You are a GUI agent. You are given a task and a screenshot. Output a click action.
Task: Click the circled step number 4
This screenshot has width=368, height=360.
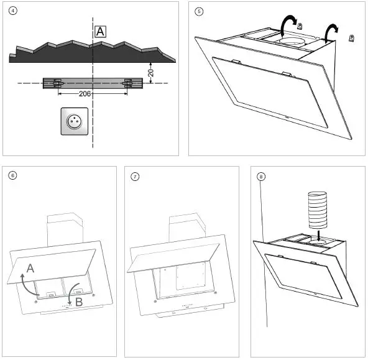[x=12, y=11]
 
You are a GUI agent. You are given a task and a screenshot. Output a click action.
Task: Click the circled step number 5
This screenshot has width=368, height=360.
[x=199, y=11]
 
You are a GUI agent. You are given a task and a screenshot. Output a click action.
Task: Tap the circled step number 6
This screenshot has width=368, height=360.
[x=12, y=175]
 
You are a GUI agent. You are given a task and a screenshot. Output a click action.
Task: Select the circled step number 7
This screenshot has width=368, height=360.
[x=135, y=177]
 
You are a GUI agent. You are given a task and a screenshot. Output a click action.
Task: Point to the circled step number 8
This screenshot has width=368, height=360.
[x=261, y=177]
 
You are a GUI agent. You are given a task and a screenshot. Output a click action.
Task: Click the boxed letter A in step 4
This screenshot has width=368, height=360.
[x=100, y=32]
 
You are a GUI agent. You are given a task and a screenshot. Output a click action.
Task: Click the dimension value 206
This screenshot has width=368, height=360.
[x=85, y=94]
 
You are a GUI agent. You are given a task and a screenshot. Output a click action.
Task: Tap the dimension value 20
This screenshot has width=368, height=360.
[x=151, y=73]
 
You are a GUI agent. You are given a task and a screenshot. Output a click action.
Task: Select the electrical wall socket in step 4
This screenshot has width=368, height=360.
[x=75, y=121]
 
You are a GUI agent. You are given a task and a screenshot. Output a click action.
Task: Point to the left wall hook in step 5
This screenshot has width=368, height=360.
[x=300, y=25]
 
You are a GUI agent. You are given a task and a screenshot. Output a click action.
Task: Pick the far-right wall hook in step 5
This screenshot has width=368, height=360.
[x=351, y=38]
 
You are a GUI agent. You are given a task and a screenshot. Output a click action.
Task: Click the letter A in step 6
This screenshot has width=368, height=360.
[x=30, y=269]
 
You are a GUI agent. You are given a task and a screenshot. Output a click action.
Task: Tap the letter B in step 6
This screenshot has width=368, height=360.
[x=79, y=302]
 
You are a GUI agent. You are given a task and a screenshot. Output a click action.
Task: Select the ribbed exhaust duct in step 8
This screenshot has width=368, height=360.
[x=318, y=210]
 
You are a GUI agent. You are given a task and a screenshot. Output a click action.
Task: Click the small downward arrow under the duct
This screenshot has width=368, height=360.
[x=318, y=236]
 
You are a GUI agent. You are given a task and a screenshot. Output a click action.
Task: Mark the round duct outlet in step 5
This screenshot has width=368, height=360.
[x=292, y=41]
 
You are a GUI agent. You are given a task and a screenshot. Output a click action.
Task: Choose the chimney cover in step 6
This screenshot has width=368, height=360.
[x=65, y=229]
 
